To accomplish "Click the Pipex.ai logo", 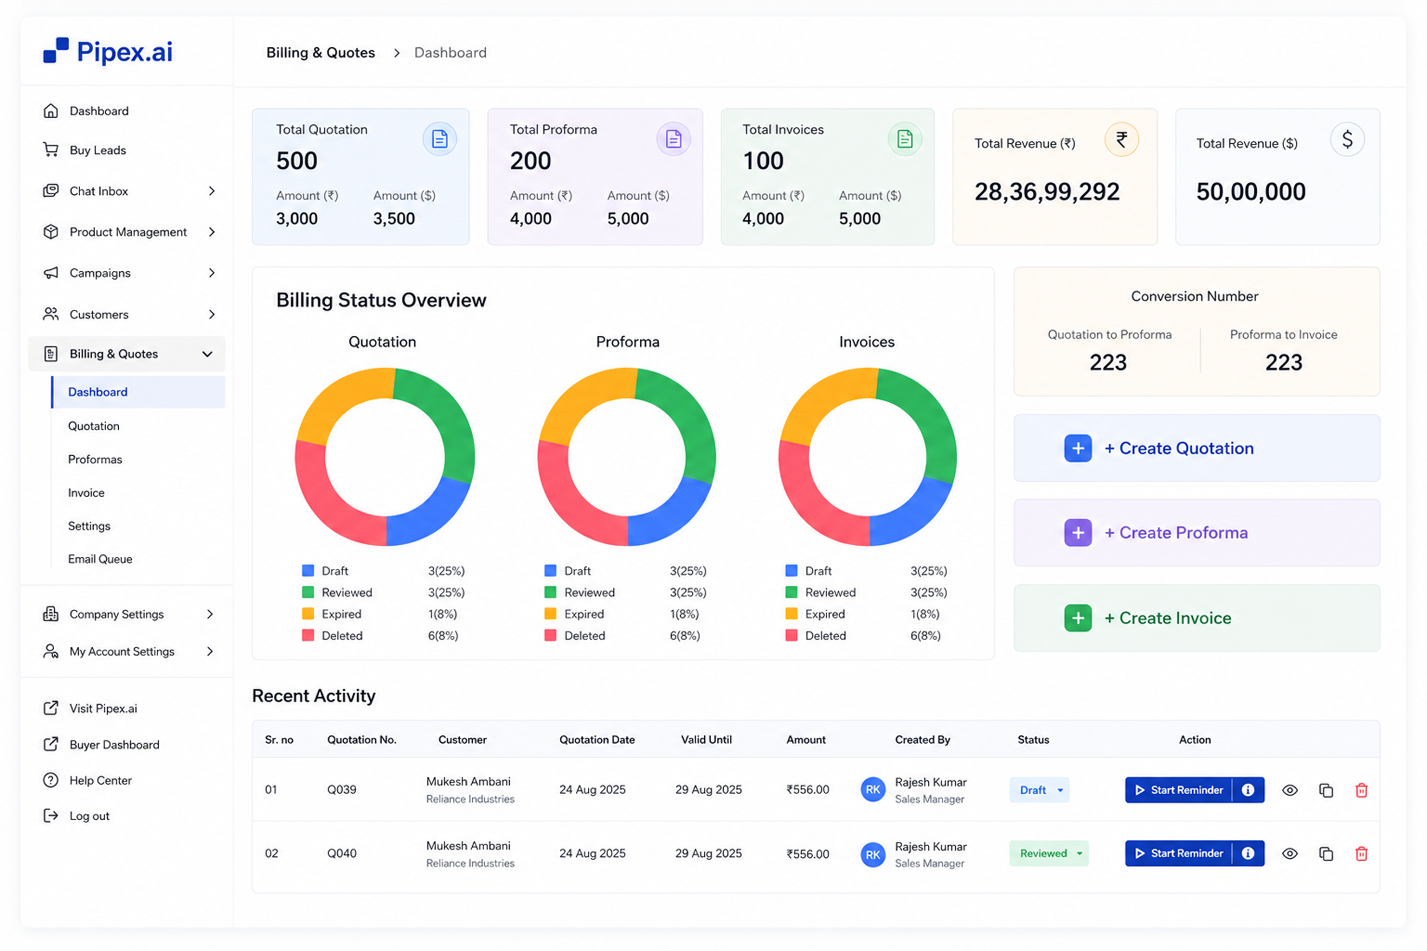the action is (x=108, y=51).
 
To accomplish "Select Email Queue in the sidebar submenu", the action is (x=100, y=559).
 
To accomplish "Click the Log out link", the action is (x=89, y=816).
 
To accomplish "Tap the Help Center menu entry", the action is (x=100, y=780).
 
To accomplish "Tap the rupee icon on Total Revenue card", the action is (x=1122, y=140).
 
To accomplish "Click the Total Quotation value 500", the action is (x=297, y=161).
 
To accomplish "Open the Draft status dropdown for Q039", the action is (x=1039, y=790).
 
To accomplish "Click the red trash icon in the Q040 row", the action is (x=1362, y=853).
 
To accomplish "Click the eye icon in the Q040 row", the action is (x=1290, y=853).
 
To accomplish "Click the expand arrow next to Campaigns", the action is (x=212, y=273).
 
